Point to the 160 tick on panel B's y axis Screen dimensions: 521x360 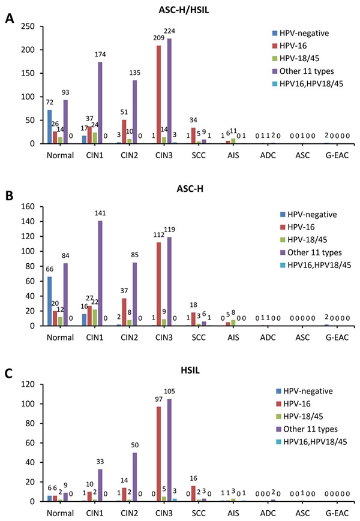click(x=29, y=206)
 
